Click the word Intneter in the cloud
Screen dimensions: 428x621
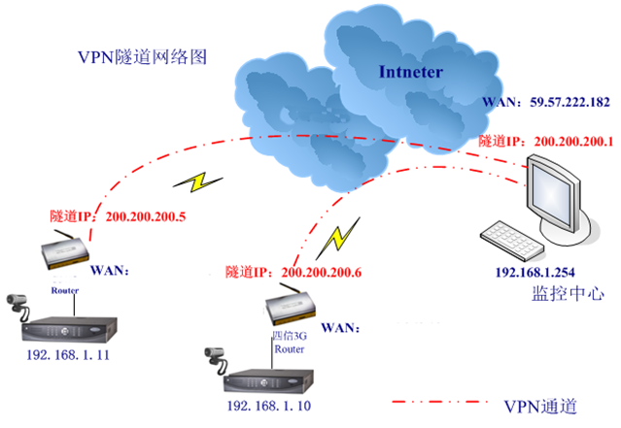[411, 71]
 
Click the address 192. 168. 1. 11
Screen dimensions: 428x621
[69, 356]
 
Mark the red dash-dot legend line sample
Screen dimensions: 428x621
[437, 402]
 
